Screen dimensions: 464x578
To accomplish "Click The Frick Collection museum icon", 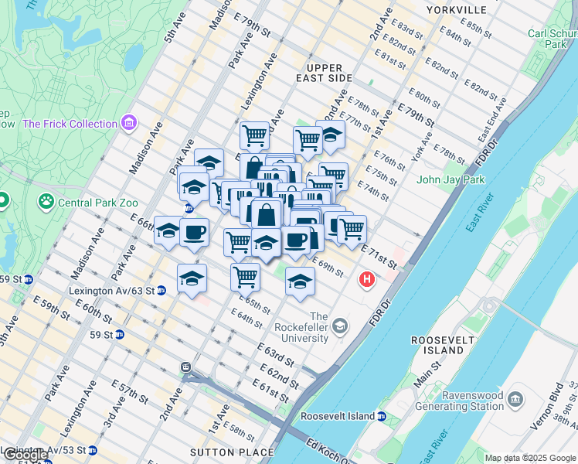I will [x=128, y=123].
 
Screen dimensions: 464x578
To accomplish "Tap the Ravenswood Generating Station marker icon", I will [x=515, y=398].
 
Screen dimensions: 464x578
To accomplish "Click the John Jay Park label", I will [x=450, y=180].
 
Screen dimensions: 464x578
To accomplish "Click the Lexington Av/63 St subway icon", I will [x=161, y=291].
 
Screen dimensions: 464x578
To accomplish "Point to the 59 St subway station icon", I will [x=120, y=335].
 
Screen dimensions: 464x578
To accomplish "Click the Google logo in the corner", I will [x=25, y=455].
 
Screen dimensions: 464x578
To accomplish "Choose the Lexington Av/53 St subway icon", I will [x=93, y=449].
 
